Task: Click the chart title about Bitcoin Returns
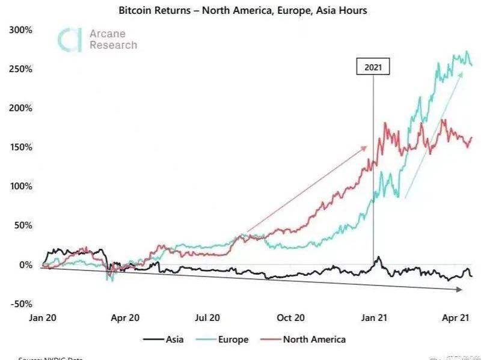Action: pyautogui.click(x=243, y=10)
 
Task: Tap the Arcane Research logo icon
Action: pyautogui.click(x=69, y=39)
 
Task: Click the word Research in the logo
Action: pyautogui.click(x=113, y=45)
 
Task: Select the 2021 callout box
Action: pyautogui.click(x=373, y=67)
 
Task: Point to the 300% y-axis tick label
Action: pyautogui.click(x=20, y=30)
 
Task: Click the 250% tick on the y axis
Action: pyautogui.click(x=20, y=69)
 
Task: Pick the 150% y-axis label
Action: pyautogui.click(x=20, y=147)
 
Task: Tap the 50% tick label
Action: pyautogui.click(x=23, y=225)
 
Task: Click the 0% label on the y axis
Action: pyautogui.click(x=25, y=264)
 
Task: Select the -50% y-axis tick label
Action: pyautogui.click(x=20, y=304)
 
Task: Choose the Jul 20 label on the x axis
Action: pyautogui.click(x=206, y=317)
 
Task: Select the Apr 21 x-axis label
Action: pyautogui.click(x=455, y=317)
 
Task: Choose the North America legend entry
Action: pyautogui.click(x=305, y=340)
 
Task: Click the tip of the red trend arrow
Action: pyautogui.click(x=366, y=147)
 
